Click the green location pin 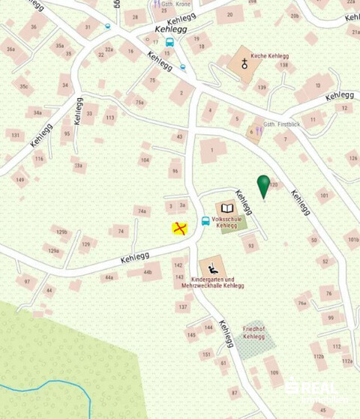[x=263, y=185]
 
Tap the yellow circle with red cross [x=179, y=229]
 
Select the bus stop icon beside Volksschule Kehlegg [x=205, y=221]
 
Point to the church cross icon [x=244, y=64]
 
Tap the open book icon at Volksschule [x=226, y=208]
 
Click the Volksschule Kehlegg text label [x=225, y=222]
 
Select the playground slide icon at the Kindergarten [x=213, y=267]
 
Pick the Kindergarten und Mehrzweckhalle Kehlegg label [x=213, y=282]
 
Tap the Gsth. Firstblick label [x=280, y=124]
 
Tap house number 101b [x=352, y=241]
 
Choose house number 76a [x=301, y=304]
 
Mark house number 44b [x=148, y=272]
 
